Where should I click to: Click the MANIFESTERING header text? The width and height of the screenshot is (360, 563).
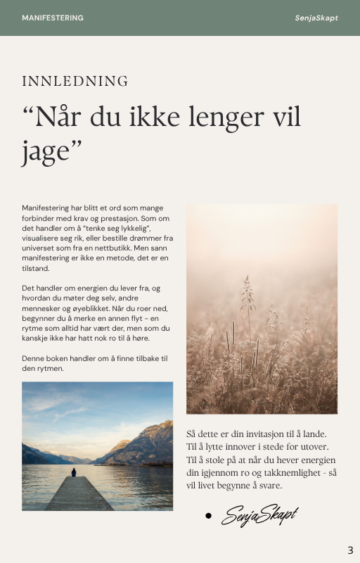[53, 18]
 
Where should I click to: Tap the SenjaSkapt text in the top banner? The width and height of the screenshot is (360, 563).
[316, 18]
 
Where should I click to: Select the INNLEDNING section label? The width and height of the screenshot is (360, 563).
[75, 81]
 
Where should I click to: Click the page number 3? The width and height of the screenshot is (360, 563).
[350, 550]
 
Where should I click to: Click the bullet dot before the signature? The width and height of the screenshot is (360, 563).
[208, 516]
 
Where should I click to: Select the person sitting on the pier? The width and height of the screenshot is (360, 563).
[73, 472]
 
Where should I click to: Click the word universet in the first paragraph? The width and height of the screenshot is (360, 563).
[41, 248]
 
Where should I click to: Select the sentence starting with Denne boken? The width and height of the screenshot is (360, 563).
[95, 363]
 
